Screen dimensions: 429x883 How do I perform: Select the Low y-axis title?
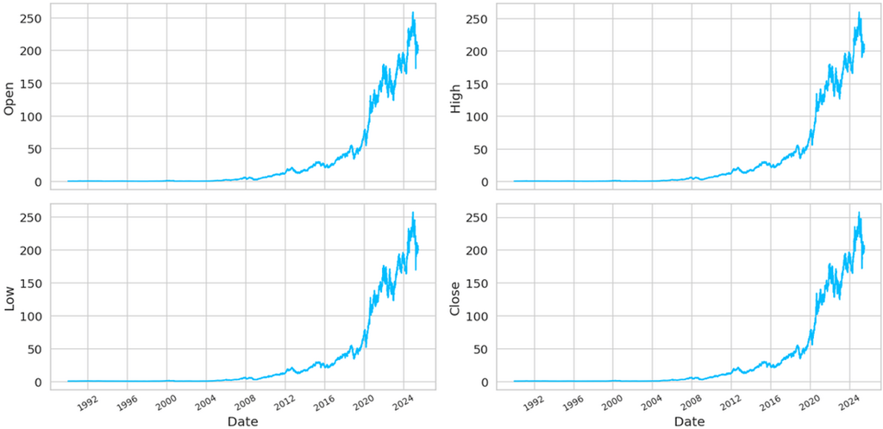(9, 297)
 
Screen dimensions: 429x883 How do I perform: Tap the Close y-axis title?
(455, 297)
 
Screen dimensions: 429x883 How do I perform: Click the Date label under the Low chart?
(242, 421)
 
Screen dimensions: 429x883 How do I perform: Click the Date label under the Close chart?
(689, 421)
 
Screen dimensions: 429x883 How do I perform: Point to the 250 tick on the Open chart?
(31, 19)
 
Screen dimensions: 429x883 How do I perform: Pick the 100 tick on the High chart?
(477, 116)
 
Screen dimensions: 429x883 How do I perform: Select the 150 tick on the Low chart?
(31, 283)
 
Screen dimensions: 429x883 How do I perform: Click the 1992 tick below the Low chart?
(87, 401)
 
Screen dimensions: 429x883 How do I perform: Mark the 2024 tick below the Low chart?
(402, 401)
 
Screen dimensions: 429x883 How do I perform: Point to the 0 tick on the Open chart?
(37, 182)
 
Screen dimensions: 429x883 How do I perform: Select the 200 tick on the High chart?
(477, 51)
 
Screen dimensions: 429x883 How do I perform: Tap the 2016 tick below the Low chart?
(323, 401)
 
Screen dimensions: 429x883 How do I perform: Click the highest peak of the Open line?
(413, 13)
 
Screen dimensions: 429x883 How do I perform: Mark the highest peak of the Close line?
(859, 213)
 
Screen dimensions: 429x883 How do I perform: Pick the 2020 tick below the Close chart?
(808, 401)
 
